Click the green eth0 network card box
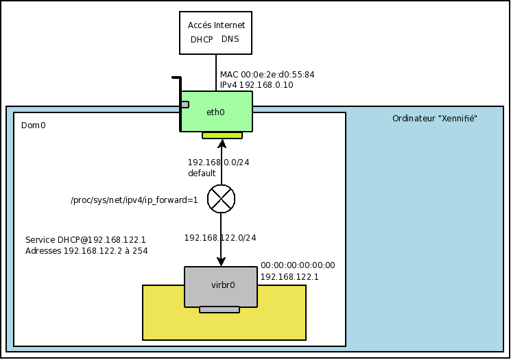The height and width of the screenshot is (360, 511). [x=216, y=112]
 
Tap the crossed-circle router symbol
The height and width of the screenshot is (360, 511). [x=221, y=199]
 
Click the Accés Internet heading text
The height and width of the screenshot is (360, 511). [x=216, y=25]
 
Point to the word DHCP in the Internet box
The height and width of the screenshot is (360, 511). [x=202, y=40]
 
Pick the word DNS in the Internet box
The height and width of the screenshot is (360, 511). [x=230, y=39]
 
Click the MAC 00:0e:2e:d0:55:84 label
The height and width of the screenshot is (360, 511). [x=267, y=74]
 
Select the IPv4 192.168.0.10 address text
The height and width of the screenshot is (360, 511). [x=257, y=85]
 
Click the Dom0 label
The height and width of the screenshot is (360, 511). [x=34, y=125]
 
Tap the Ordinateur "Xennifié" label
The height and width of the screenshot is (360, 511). [x=434, y=119]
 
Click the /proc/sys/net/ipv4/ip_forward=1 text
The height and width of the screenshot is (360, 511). [x=134, y=200]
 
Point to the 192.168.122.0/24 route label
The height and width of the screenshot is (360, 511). [x=220, y=238]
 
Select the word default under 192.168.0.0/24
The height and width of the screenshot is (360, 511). [x=202, y=173]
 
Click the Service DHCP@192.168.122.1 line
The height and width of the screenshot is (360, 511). [x=86, y=240]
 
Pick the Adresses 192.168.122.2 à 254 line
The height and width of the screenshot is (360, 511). [x=86, y=251]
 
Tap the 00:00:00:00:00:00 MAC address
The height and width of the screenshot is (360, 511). [x=298, y=265]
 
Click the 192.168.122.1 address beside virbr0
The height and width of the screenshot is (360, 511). [x=289, y=277]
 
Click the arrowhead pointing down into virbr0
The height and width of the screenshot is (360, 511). [x=221, y=261]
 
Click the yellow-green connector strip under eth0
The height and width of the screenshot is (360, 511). [x=222, y=135]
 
